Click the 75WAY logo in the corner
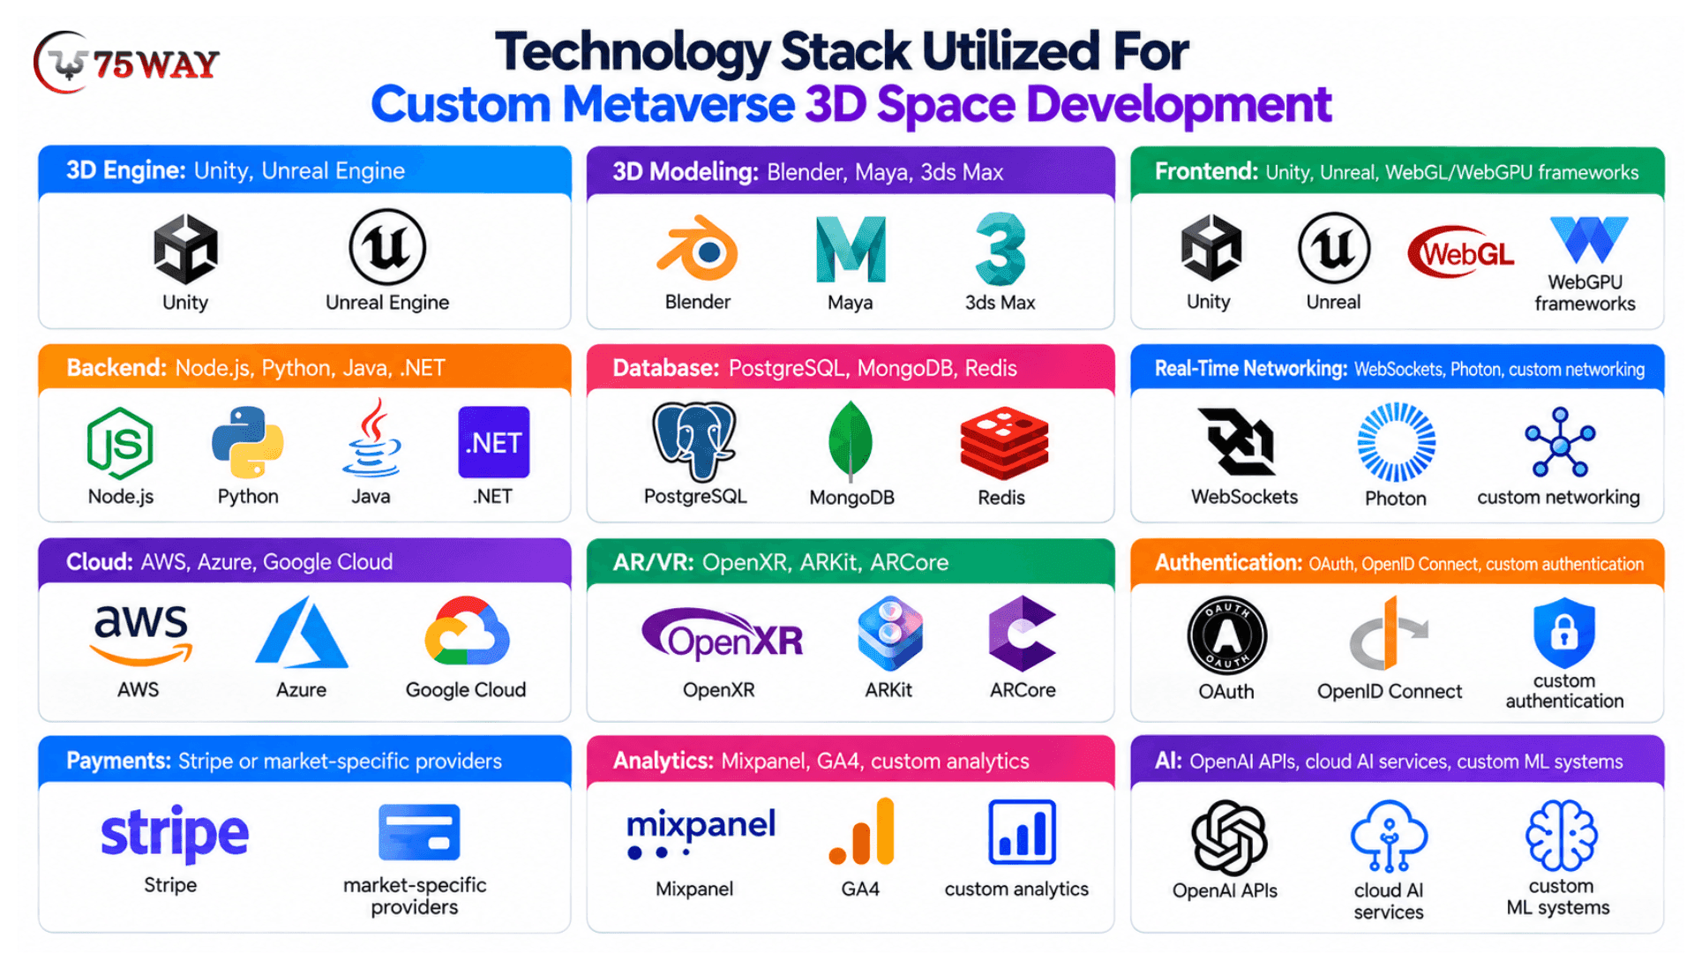click(126, 63)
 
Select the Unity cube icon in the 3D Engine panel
click(185, 249)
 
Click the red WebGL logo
click(1460, 253)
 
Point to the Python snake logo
click(248, 442)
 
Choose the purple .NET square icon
click(494, 442)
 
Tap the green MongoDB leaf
click(851, 441)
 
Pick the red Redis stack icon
click(1004, 443)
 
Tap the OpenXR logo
click(723, 634)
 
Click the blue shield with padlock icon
click(1564, 633)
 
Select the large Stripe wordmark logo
click(175, 833)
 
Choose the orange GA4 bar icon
click(862, 831)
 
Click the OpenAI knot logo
click(1229, 837)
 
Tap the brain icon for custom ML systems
click(1562, 836)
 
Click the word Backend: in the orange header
click(116, 368)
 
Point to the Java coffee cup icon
click(371, 439)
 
